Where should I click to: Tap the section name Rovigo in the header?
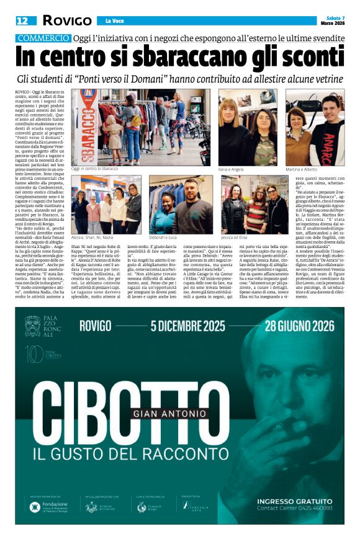point(67,20)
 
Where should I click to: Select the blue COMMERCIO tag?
point(43,38)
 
